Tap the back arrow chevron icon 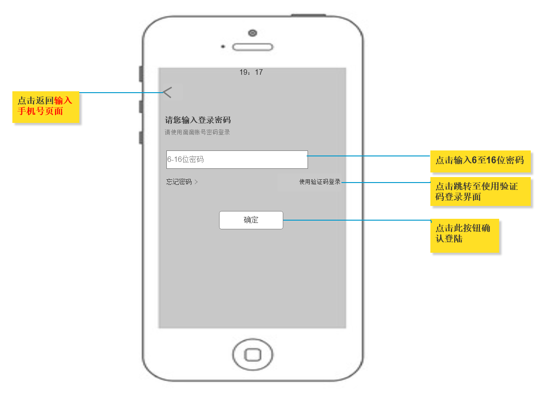click(167, 92)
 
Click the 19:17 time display click(251, 72)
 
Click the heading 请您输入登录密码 click(198, 121)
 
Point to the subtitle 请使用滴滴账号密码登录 click(197, 133)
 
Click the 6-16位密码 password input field click(237, 160)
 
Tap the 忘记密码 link click(179, 182)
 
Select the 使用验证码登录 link click(320, 182)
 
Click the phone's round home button click(253, 355)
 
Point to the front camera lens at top click(253, 33)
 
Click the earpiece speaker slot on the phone click(253, 47)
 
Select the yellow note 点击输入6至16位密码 click(479, 160)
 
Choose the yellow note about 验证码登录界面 click(479, 192)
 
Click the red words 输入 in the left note click(63, 100)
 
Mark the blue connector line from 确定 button click(357, 220)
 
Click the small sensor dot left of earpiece click(223, 47)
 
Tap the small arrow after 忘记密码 click(197, 182)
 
